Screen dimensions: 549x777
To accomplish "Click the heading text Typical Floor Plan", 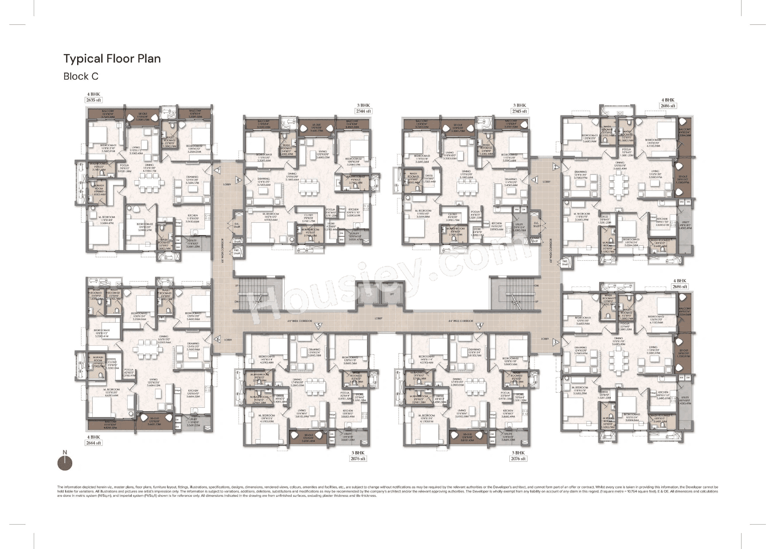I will coord(112,59).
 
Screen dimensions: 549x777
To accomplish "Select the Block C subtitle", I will coord(81,77).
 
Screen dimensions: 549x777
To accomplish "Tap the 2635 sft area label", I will coord(94,100).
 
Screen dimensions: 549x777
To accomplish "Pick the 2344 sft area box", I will coord(363,112).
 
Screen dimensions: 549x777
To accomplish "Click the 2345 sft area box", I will coord(519,112).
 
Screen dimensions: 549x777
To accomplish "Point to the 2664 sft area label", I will coord(94,443).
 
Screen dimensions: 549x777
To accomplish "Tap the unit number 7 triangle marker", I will coord(217,170).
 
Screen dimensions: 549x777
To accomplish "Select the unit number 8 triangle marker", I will coord(238,180).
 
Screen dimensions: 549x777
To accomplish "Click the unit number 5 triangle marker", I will coord(318,326).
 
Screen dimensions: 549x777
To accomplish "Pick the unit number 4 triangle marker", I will coord(480,326).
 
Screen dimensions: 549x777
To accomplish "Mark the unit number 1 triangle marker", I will coord(535,180).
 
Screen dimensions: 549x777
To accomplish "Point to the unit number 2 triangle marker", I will coord(555,167).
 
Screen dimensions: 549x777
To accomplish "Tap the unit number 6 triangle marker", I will coord(217,340).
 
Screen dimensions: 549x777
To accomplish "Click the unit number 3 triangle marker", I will coord(555,342).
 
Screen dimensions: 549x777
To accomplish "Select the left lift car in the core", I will coord(368,294).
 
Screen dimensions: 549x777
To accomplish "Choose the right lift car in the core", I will coord(391,294).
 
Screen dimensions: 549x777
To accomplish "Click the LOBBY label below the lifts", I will coord(378,318).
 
